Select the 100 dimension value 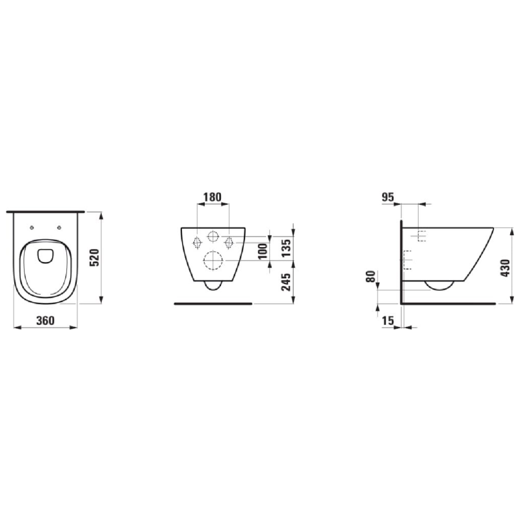(x=263, y=250)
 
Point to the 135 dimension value (x=284, y=248)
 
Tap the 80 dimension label (x=371, y=278)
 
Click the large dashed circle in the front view (x=213, y=261)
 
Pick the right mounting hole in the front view (x=229, y=242)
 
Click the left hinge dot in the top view (x=32, y=228)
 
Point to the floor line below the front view (x=213, y=303)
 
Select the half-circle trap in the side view (x=439, y=284)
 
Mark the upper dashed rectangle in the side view (x=421, y=236)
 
